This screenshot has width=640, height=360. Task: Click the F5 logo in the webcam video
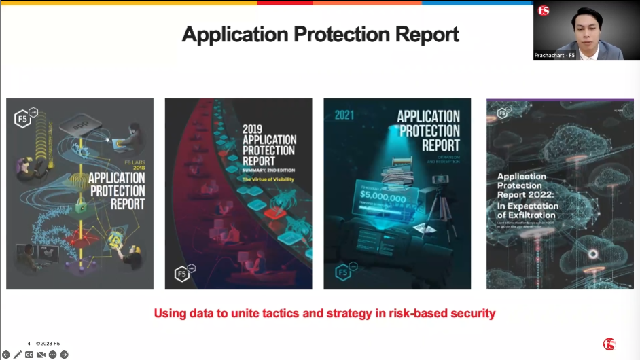point(543,11)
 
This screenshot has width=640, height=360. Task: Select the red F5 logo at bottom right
point(609,344)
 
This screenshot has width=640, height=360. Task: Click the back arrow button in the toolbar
point(6,355)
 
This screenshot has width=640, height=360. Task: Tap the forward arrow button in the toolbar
point(64,355)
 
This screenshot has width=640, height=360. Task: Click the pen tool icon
point(18,355)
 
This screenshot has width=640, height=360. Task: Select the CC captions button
point(29,355)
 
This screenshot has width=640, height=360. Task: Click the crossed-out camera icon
point(41,355)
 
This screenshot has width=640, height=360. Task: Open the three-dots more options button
point(52,355)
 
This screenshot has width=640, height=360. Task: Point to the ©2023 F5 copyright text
point(48,344)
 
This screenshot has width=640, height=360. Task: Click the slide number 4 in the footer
point(29,344)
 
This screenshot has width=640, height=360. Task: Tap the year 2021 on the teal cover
point(344,115)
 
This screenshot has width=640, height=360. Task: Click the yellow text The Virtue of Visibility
point(269,179)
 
